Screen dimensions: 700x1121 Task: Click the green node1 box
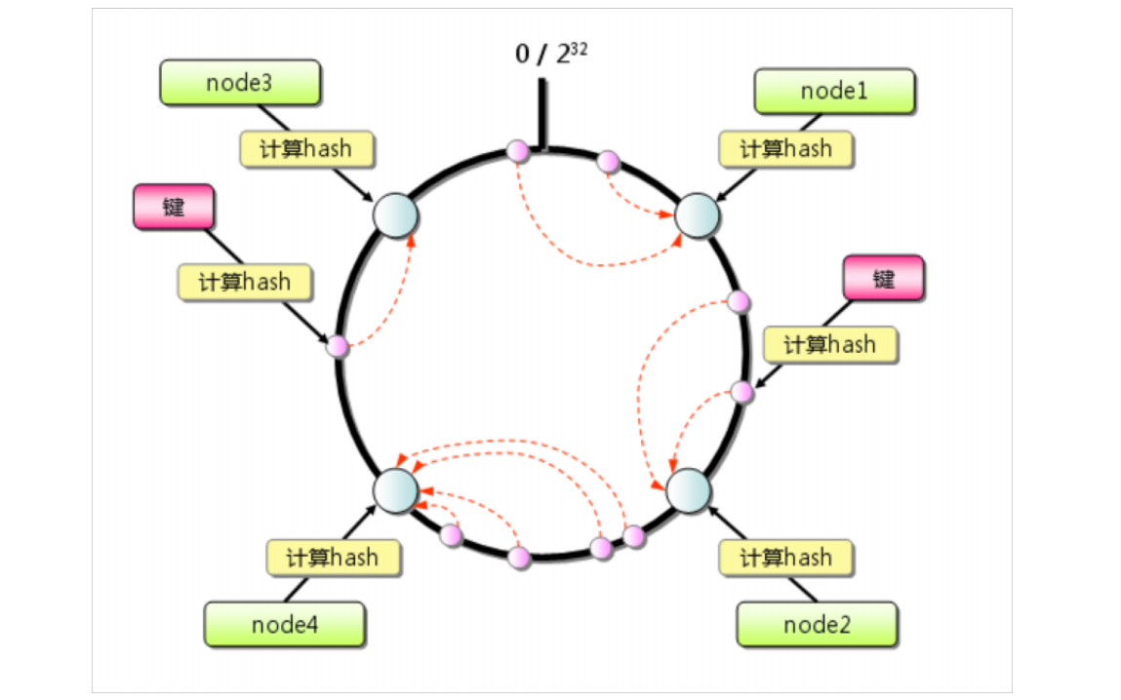(834, 92)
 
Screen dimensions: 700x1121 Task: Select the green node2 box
(817, 624)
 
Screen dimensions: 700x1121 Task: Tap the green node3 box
(239, 83)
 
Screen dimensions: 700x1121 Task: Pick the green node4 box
(284, 624)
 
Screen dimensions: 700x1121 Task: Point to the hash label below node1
(785, 149)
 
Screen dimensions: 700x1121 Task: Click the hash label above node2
(785, 558)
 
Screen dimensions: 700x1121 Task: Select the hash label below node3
(307, 149)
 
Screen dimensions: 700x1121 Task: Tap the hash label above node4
(334, 558)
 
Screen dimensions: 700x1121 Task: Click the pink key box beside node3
(173, 207)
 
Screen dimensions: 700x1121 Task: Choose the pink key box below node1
(883, 279)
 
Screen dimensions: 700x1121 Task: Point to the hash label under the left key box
(245, 282)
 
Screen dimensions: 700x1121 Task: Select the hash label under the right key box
(829, 344)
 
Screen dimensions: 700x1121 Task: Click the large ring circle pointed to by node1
(697, 214)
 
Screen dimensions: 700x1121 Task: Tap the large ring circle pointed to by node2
(688, 489)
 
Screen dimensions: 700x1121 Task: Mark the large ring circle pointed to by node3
(396, 214)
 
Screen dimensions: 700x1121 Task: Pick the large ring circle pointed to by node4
(396, 487)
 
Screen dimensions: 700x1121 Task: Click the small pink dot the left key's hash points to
(338, 345)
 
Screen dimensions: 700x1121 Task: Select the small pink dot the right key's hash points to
(741, 392)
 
